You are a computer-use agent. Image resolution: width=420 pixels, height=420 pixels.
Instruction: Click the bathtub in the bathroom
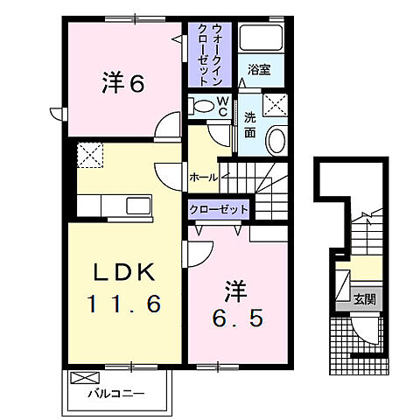[x=262, y=39]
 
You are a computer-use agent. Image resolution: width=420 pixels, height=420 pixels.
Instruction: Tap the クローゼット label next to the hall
[x=219, y=210]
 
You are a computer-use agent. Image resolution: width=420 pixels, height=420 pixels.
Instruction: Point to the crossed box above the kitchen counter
[x=90, y=157]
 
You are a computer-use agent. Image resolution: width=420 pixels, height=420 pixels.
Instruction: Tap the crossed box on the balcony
[x=84, y=379]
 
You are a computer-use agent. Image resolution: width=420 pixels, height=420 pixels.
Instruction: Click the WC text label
[x=221, y=107]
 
